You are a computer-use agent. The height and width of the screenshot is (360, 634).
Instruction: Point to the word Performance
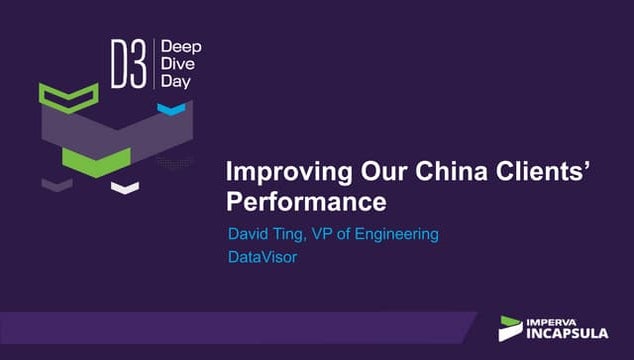click(306, 202)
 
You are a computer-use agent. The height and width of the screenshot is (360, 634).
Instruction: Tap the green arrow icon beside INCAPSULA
click(510, 327)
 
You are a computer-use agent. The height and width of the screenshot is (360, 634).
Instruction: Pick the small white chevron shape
click(125, 187)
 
